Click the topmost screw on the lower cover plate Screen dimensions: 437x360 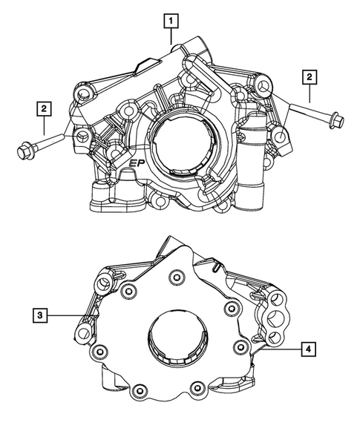175,279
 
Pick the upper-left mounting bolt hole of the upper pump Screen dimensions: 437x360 84,93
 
